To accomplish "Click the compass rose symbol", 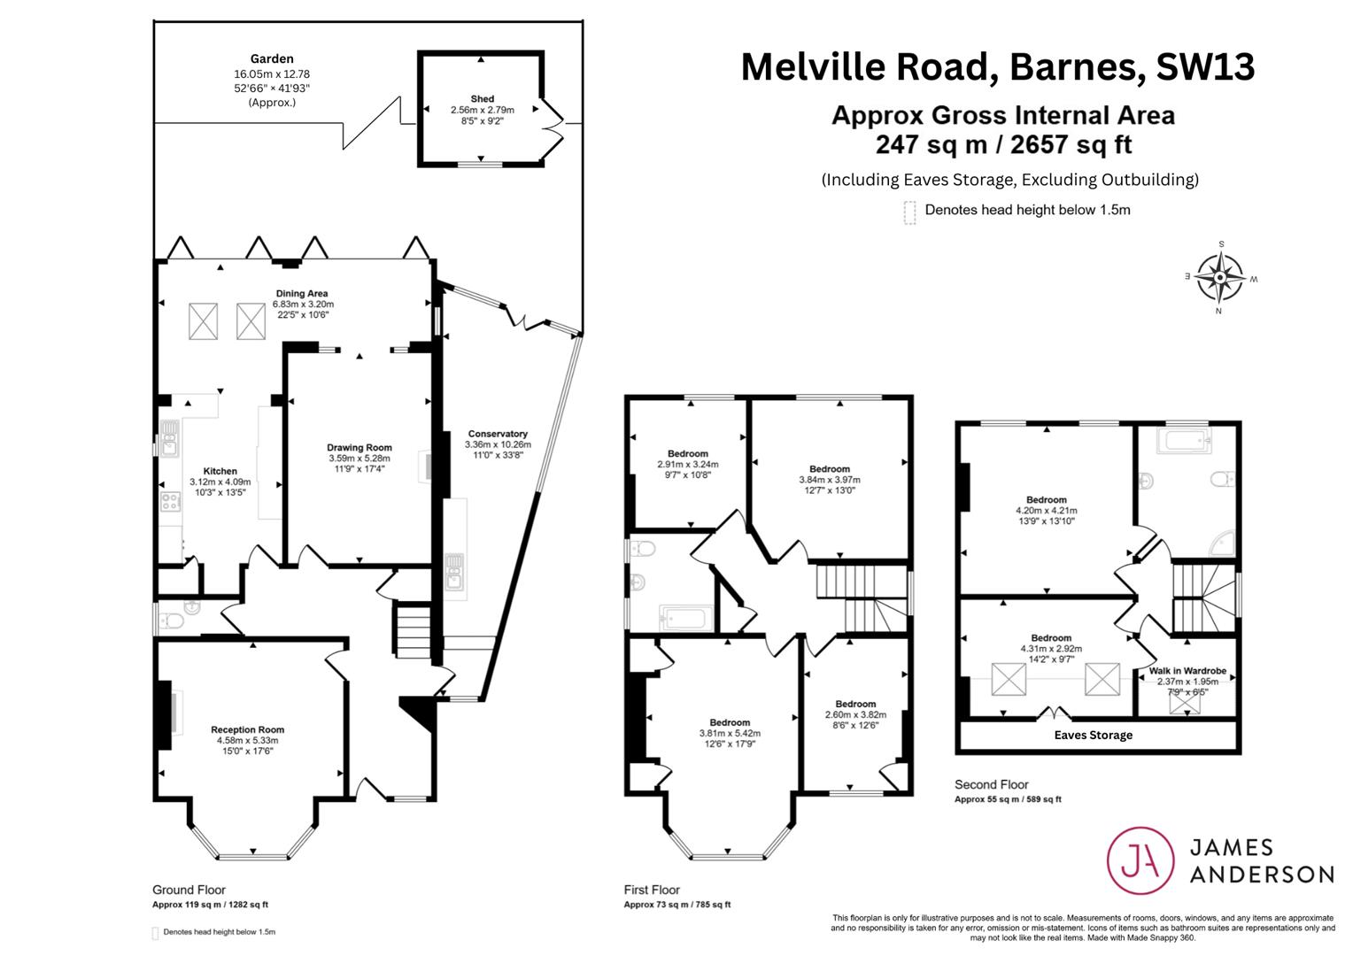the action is point(1219,278).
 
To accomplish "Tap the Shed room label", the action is point(482,98).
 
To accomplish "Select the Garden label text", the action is point(272,58).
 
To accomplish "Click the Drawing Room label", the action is point(360,448).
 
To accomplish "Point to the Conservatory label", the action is point(498,434).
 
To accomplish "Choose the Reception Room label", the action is point(248,729).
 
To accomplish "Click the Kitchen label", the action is point(220,471).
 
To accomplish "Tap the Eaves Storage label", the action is point(1094,735).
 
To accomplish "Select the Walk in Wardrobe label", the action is point(1187,671).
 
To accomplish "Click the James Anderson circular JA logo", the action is point(1140,860).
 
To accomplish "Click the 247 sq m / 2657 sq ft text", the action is point(1004,144).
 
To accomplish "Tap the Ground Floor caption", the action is point(189,890).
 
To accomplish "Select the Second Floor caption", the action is point(991,784).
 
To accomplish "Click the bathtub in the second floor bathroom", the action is point(1184,440).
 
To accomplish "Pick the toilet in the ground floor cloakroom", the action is point(170,621).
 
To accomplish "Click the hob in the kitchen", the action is point(170,502).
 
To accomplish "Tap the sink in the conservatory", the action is point(454,571).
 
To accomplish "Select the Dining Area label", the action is point(302,294).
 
